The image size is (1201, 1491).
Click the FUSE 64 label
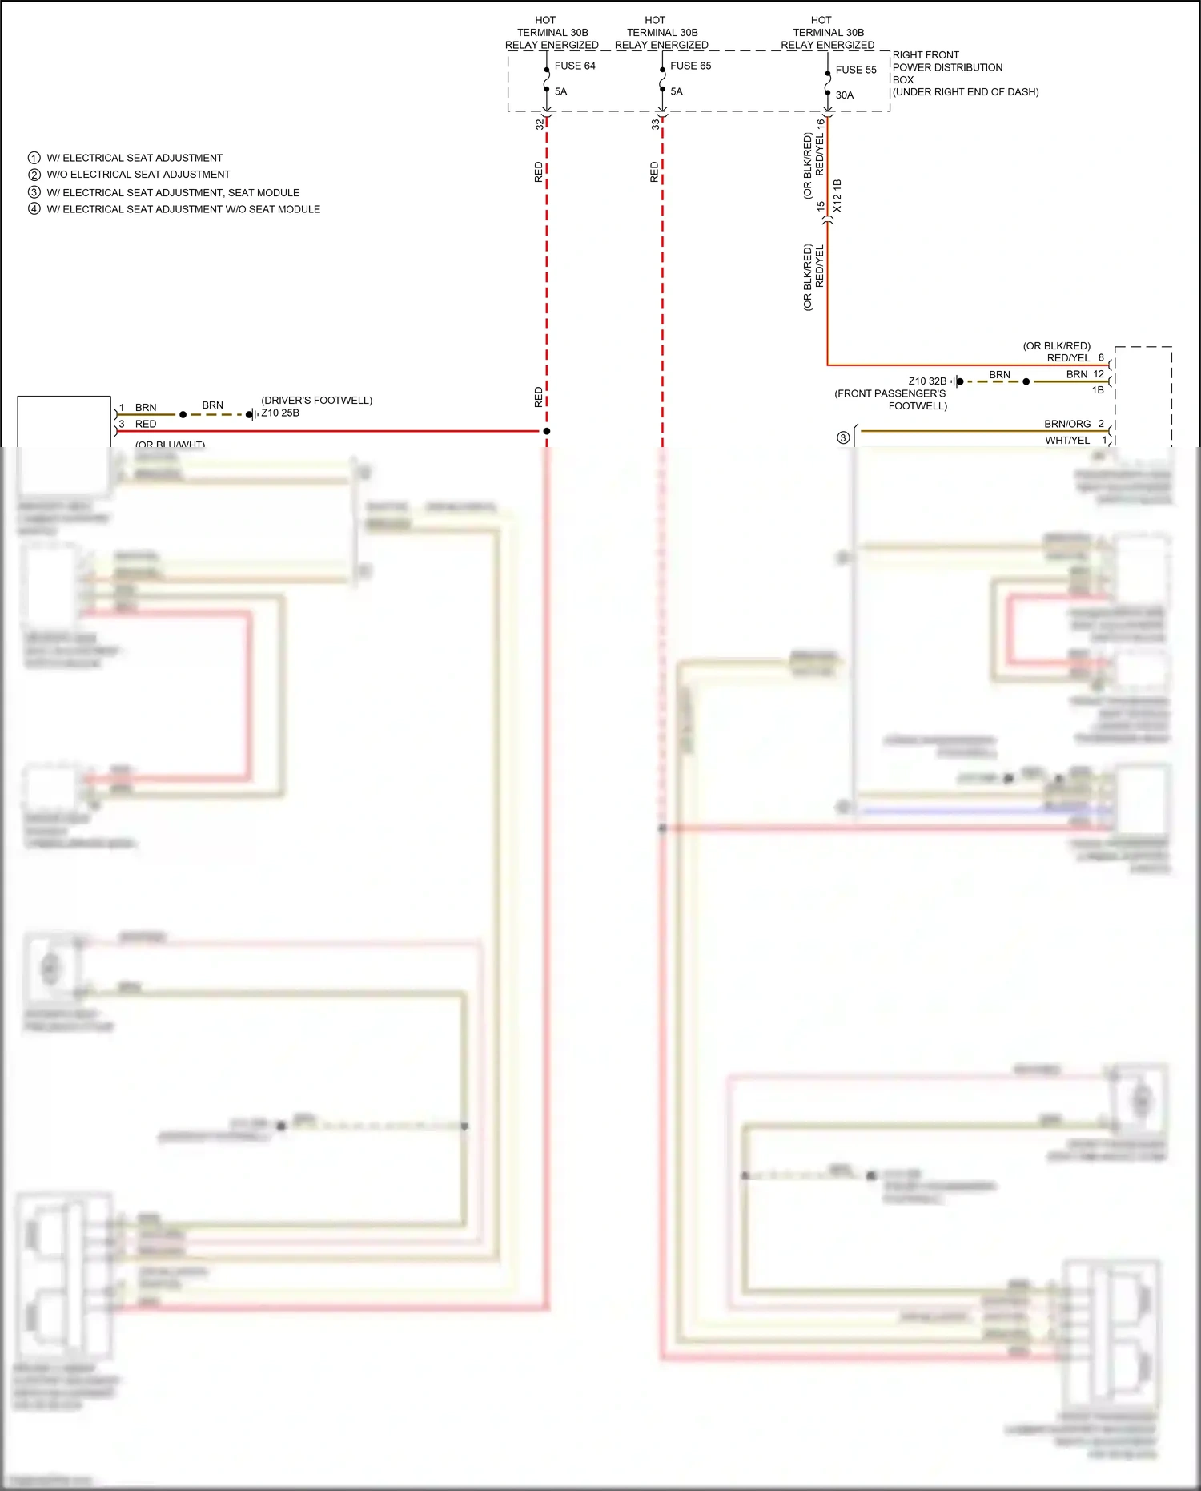tap(574, 66)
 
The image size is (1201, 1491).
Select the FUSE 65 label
tap(690, 66)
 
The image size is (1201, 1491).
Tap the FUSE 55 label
tap(855, 70)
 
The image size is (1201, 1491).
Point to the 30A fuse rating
tap(844, 95)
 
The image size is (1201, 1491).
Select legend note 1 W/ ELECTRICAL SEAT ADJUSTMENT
tap(134, 158)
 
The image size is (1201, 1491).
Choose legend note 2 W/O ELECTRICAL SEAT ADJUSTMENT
tap(138, 174)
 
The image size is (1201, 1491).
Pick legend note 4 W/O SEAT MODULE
tap(183, 209)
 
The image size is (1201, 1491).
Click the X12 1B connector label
tap(837, 195)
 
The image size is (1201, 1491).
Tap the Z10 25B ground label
tap(280, 413)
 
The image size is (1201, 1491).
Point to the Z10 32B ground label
tap(926, 381)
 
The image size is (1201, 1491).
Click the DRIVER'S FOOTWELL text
tap(316, 400)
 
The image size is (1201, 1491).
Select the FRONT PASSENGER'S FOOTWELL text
tap(890, 400)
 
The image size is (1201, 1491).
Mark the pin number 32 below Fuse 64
tap(539, 124)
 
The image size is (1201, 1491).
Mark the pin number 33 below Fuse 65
tap(655, 124)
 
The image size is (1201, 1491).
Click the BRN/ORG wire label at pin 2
tap(1066, 424)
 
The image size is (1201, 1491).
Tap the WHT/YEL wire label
tap(1066, 440)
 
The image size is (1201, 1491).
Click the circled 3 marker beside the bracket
tap(842, 437)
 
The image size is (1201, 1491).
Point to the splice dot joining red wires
tap(547, 431)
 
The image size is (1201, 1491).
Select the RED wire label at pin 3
tap(146, 424)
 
